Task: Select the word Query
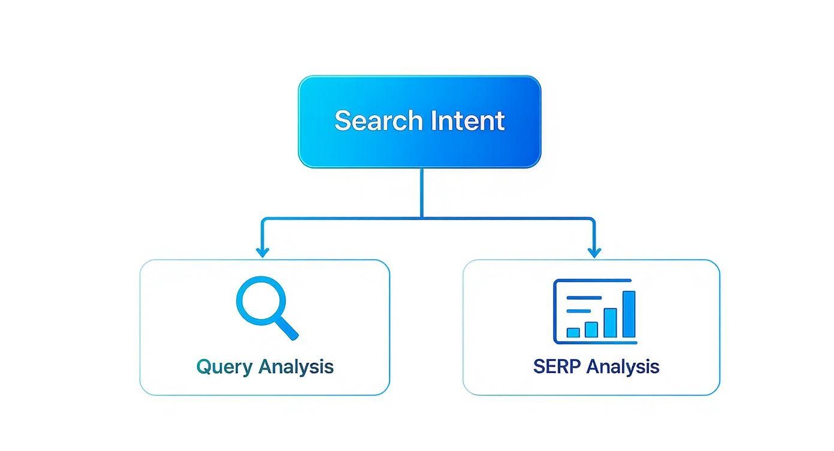pyautogui.click(x=224, y=366)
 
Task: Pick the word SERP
pyautogui.click(x=557, y=366)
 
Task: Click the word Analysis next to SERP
pyautogui.click(x=623, y=366)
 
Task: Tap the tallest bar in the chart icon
pyautogui.click(x=628, y=314)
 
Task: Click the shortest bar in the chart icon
pyautogui.click(x=573, y=332)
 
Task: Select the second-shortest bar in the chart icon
pyautogui.click(x=591, y=329)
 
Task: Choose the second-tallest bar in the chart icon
pyautogui.click(x=610, y=323)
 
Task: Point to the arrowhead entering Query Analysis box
pyautogui.click(x=262, y=252)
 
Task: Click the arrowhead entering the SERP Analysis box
pyautogui.click(x=594, y=252)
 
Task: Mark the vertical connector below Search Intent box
pyautogui.click(x=422, y=192)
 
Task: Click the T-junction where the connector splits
pyautogui.click(x=422, y=218)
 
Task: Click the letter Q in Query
pyautogui.click(x=204, y=366)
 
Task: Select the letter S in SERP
pyautogui.click(x=539, y=366)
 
